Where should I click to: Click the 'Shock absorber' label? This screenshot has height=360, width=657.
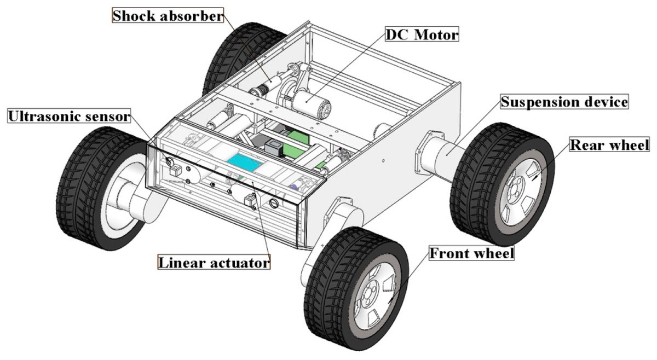pyautogui.click(x=168, y=16)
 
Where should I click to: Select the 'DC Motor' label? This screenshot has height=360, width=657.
pyautogui.click(x=422, y=36)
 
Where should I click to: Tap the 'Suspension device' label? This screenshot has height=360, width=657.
pyautogui.click(x=564, y=102)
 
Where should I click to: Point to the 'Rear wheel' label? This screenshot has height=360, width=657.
pyautogui.click(x=609, y=145)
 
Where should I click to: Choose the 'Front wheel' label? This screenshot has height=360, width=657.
pyautogui.click(x=471, y=254)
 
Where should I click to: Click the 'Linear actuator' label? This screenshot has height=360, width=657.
pyautogui.click(x=214, y=263)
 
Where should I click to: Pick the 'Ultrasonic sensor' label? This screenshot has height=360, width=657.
pyautogui.click(x=68, y=116)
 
